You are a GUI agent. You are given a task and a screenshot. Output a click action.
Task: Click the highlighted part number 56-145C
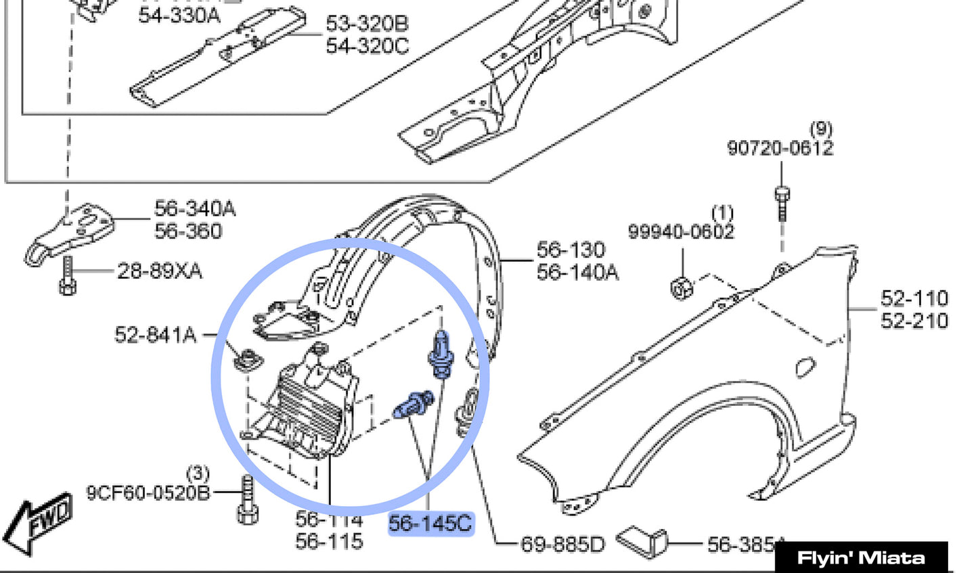point(430,524)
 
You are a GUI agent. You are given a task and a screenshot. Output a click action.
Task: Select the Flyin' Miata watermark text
point(861,558)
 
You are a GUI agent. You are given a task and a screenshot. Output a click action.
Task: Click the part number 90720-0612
point(780,147)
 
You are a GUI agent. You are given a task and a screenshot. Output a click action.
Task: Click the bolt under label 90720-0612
point(782,202)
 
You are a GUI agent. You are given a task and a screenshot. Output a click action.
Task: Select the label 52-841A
point(155,335)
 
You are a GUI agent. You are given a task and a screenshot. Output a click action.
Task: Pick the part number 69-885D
point(562,544)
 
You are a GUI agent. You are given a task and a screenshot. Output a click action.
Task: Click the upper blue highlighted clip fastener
point(440,352)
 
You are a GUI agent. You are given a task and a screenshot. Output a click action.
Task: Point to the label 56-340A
point(195,208)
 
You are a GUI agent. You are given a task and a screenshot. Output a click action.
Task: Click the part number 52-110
point(914,298)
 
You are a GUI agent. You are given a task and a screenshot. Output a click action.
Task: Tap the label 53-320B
point(367,24)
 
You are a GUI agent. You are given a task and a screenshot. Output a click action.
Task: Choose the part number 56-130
point(571,250)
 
